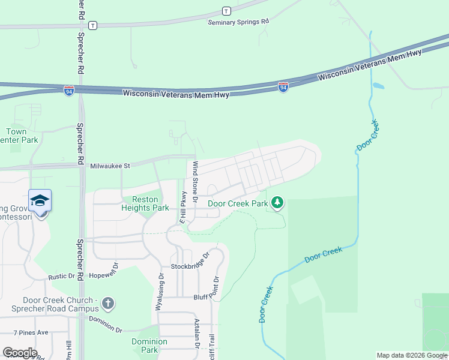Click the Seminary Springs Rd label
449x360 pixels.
pyautogui.click(x=238, y=22)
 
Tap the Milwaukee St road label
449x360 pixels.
pyautogui.click(x=110, y=166)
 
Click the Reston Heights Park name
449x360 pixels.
pyautogui.click(x=145, y=204)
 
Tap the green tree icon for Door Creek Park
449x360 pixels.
pyautogui.click(x=277, y=203)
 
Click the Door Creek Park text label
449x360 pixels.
pyautogui.click(x=238, y=203)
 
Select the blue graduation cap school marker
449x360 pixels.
pyautogui.click(x=40, y=200)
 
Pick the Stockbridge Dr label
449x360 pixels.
pyautogui.click(x=191, y=262)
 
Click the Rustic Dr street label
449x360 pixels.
pyautogui.click(x=62, y=277)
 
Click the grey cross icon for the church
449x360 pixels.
pyautogui.click(x=108, y=304)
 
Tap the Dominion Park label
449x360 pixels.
pyautogui.click(x=145, y=346)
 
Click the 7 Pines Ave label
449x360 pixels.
pyautogui.click(x=31, y=332)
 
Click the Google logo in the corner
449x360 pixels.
pyautogui.click(x=20, y=353)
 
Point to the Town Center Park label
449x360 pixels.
pyautogui.click(x=23, y=136)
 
